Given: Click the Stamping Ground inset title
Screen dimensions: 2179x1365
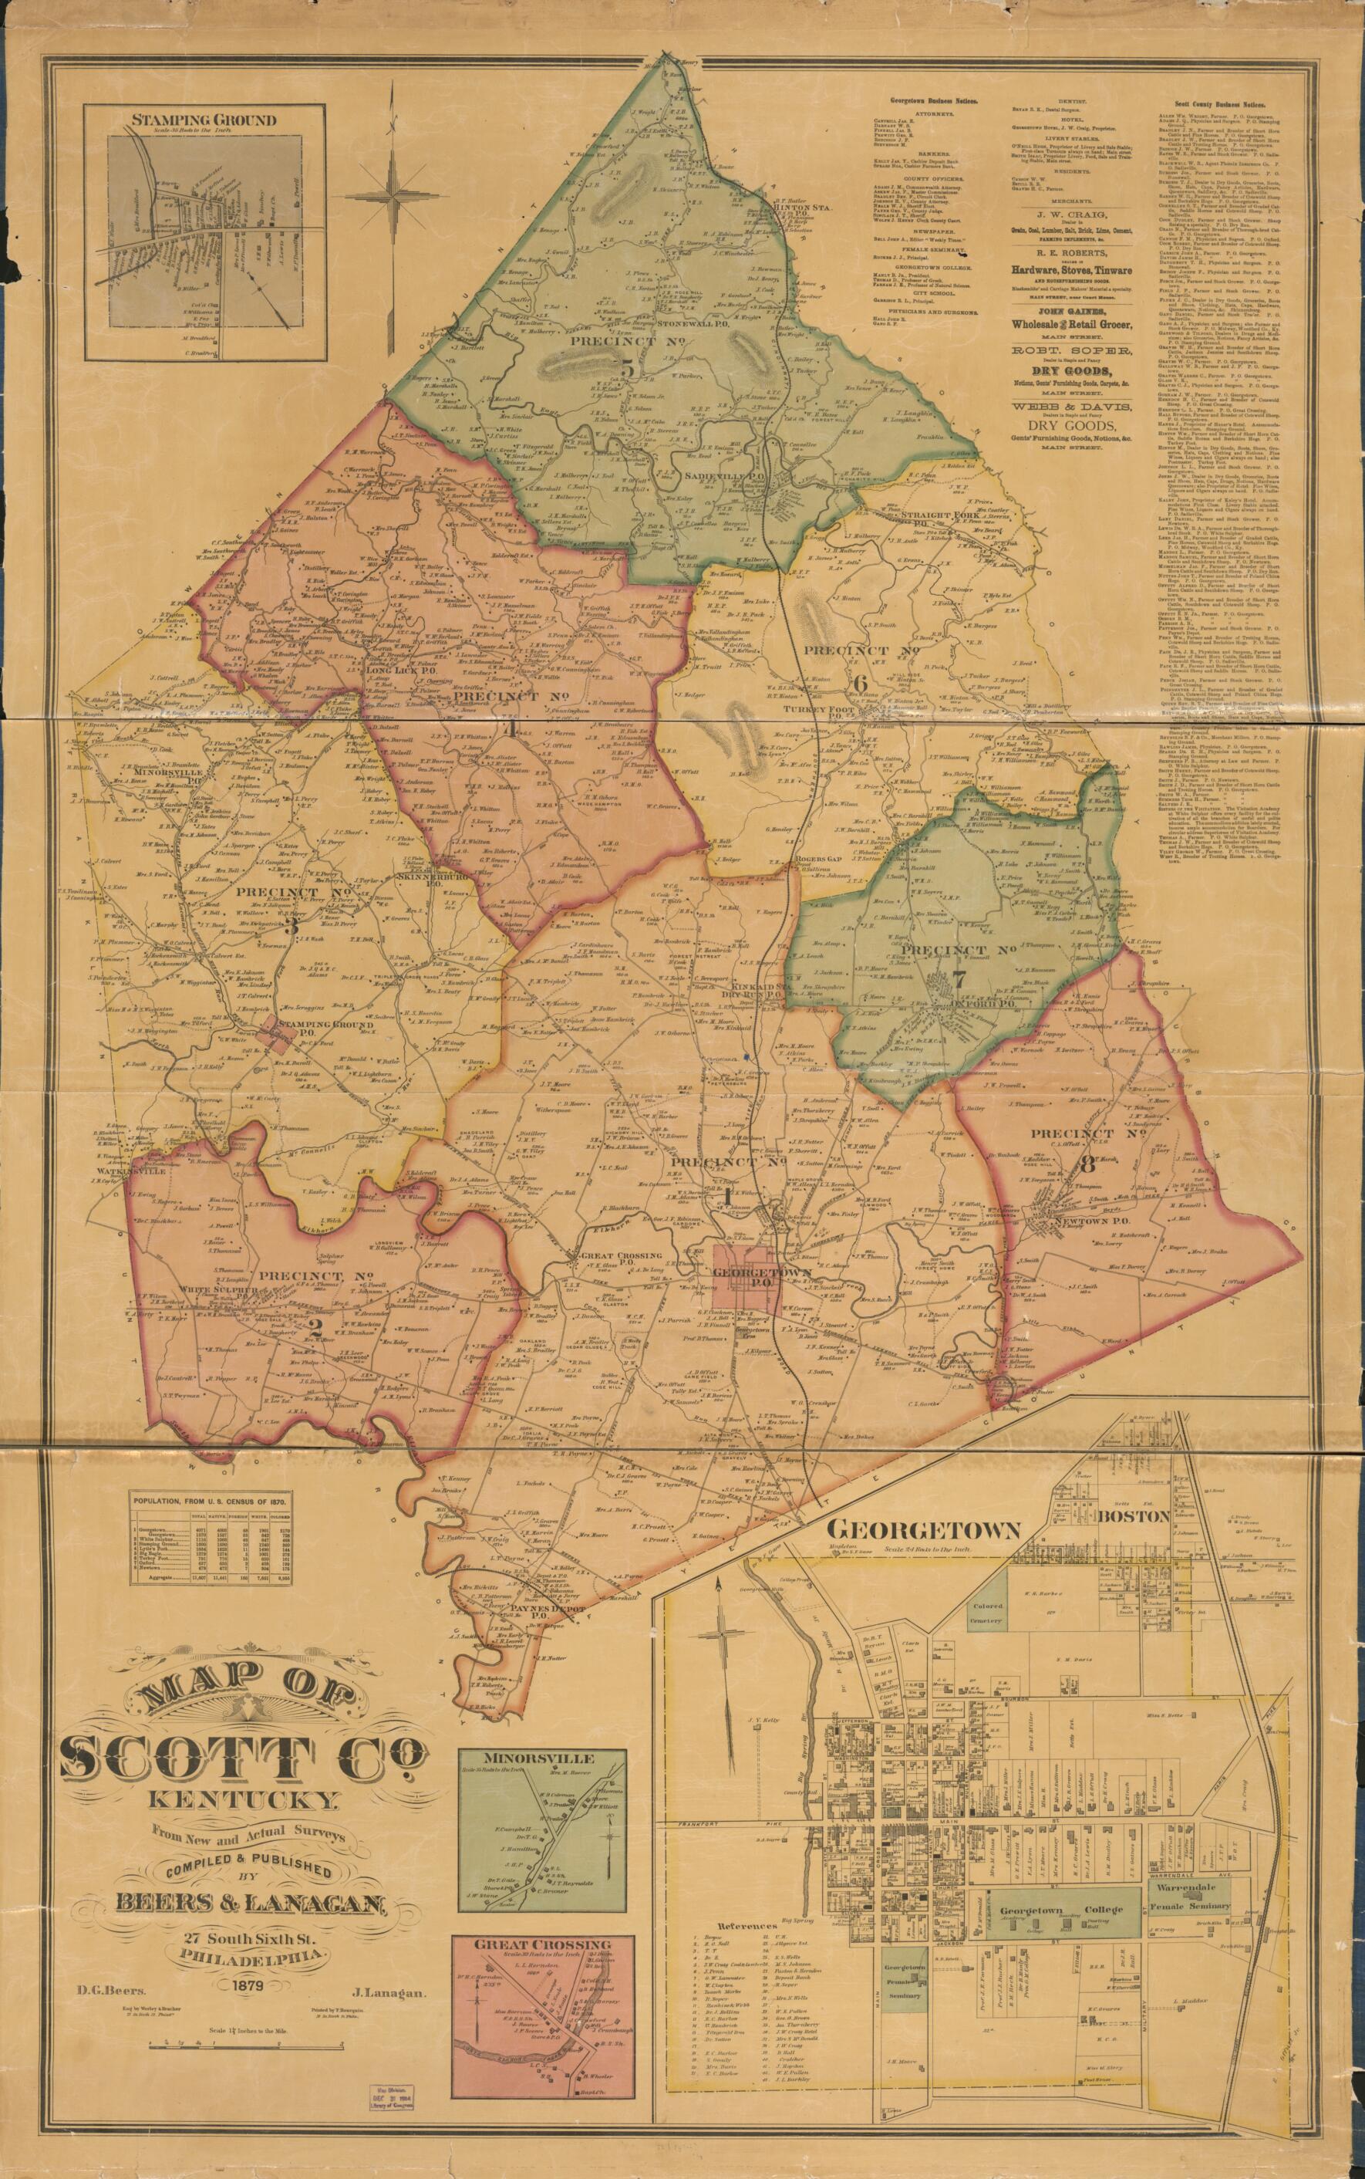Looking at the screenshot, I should click(202, 119).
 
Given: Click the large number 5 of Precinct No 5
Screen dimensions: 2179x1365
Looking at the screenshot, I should click(625, 367).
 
